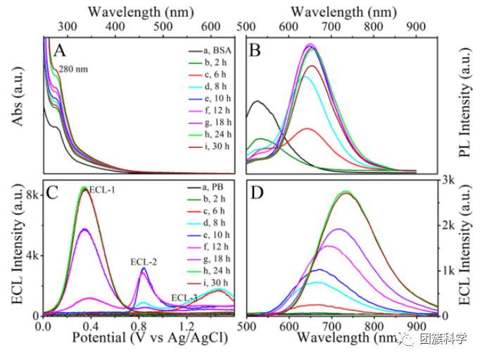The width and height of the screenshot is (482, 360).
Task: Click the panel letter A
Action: pos(61,51)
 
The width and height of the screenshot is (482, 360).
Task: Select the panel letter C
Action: pos(52,194)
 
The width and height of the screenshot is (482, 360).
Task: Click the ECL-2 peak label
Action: pos(144,262)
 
